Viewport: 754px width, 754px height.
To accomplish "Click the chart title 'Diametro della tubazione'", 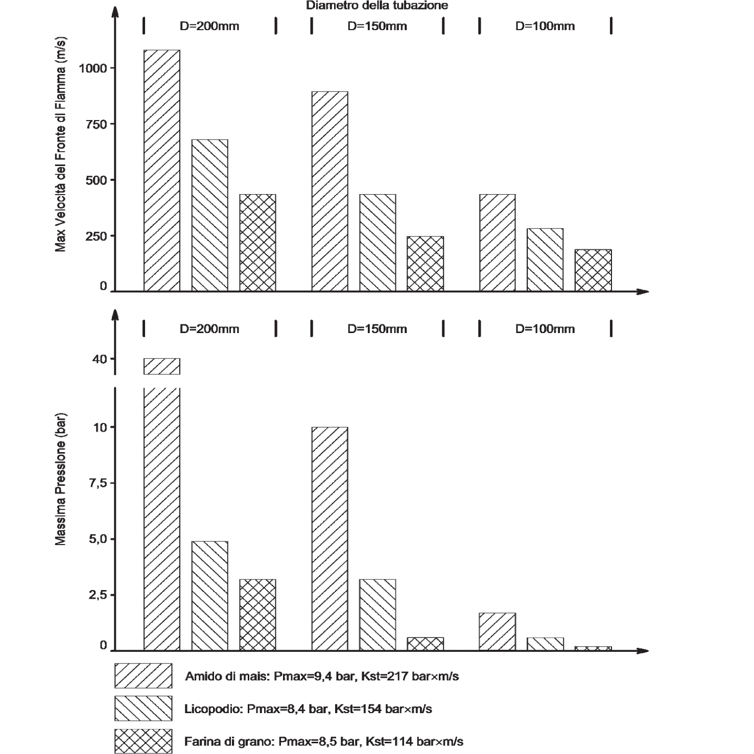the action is pos(377,6).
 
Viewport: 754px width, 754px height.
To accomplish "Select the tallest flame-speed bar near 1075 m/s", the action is pos(162,171).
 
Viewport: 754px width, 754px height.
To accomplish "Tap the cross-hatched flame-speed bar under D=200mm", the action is pos(258,243).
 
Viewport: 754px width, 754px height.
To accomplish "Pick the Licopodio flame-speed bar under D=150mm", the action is pos(378,243).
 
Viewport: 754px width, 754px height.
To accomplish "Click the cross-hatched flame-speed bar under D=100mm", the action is pos(593,270).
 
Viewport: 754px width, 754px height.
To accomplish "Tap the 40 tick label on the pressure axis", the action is pos(100,359).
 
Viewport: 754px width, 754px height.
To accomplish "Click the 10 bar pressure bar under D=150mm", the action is pos(329,538).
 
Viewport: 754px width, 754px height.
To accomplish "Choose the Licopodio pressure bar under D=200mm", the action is pos(210,596).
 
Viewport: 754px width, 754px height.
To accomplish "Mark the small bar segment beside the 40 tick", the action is pos(162,366).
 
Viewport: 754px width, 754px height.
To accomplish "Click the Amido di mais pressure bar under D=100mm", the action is pos(498,631).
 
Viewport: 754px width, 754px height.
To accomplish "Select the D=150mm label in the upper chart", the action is pos(377,26).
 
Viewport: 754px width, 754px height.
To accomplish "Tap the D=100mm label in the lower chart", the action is pos(545,328).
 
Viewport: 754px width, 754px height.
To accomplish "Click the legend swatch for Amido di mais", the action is pos(143,676).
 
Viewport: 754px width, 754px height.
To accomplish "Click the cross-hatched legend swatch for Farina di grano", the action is pos(143,741).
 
